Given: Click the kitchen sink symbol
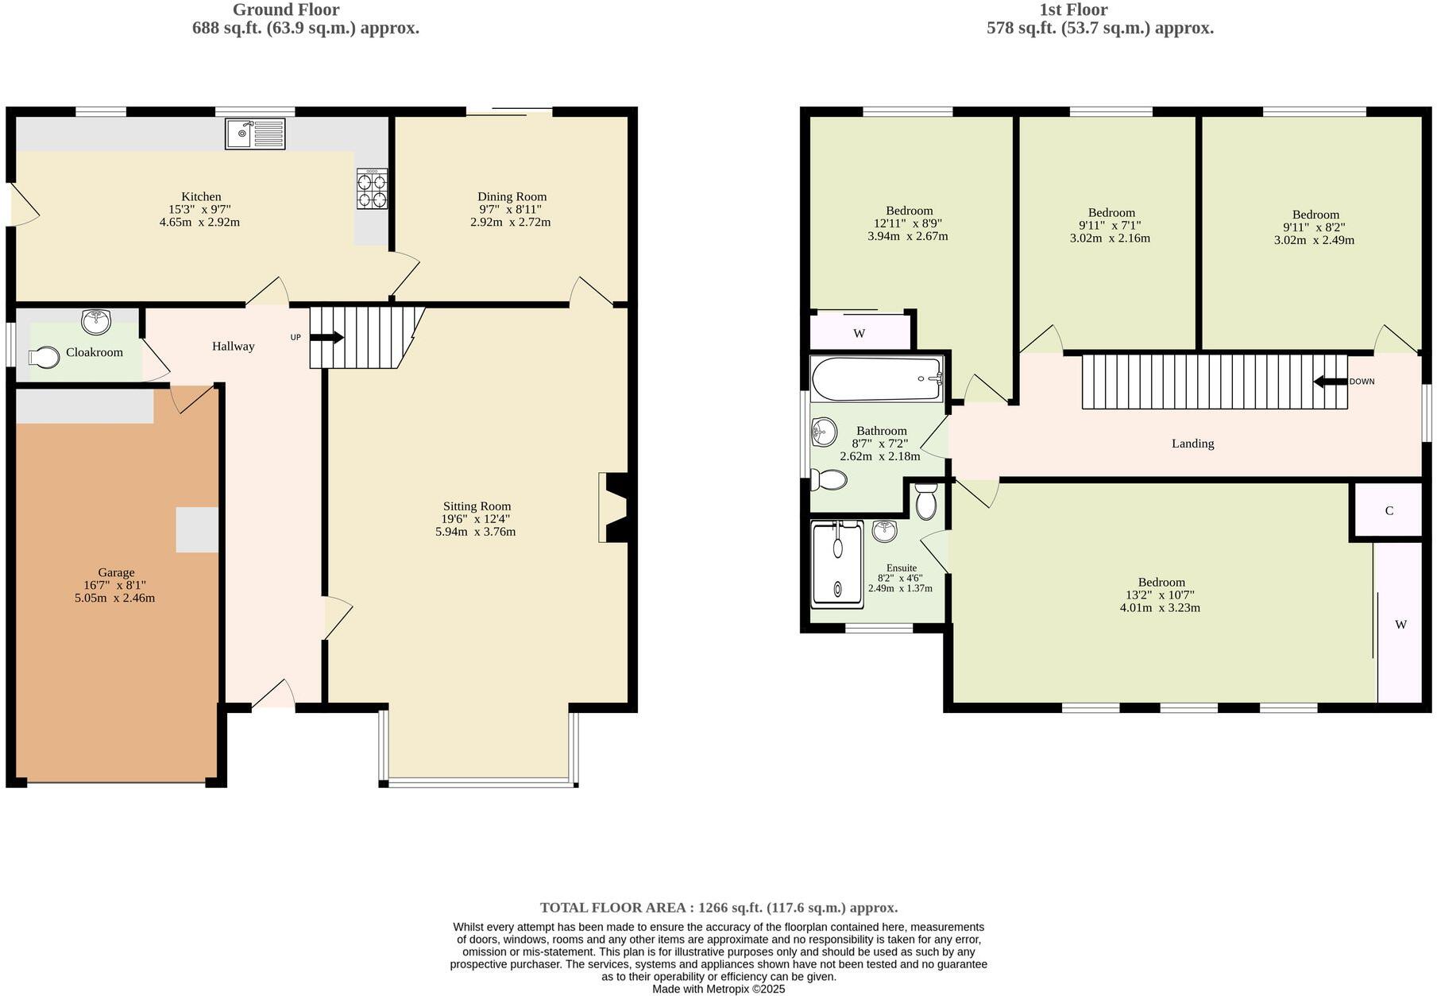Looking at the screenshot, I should [255, 134].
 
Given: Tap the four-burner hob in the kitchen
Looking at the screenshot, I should [372, 189].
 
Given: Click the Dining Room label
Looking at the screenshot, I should [512, 196].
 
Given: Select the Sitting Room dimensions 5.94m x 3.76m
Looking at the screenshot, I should [475, 532].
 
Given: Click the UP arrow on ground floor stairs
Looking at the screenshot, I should [326, 338].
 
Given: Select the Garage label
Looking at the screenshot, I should [116, 572].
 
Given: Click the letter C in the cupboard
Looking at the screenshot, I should [1389, 511].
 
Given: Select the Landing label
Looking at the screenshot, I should [1192, 444].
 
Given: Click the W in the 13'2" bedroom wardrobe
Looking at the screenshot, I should [1400, 625].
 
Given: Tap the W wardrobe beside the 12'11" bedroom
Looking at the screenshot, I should [859, 334].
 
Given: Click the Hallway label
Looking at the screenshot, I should [233, 347].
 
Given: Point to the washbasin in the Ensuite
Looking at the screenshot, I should [884, 530].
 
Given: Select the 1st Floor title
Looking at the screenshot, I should [1073, 10].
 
